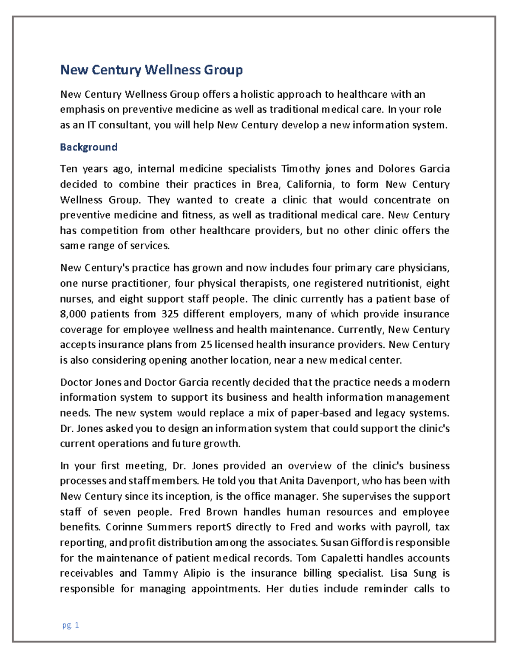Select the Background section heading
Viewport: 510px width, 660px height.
click(88, 147)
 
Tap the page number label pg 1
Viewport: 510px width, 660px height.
click(71, 625)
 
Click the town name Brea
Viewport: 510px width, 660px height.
click(267, 184)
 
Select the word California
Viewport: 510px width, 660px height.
click(310, 184)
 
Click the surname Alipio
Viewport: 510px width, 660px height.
click(197, 573)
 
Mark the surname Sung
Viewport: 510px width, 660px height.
click(425, 573)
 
